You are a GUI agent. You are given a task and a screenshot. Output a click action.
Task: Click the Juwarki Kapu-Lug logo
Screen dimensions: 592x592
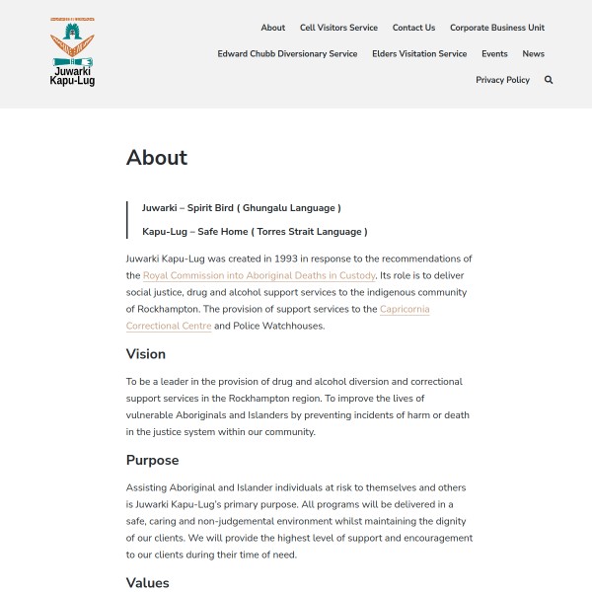pyautogui.click(x=72, y=51)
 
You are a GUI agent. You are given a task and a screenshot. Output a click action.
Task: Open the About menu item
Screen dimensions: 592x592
pyautogui.click(x=273, y=28)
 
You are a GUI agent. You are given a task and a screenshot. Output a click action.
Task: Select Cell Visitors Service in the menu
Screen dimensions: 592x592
pyautogui.click(x=338, y=28)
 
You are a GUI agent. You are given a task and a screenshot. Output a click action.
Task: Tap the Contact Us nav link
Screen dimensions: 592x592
pyautogui.click(x=413, y=28)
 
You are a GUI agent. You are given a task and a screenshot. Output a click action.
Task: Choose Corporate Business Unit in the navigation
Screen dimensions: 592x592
pyautogui.click(x=497, y=28)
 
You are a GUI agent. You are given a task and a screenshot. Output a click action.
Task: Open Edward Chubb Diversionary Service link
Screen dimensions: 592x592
pyautogui.click(x=287, y=53)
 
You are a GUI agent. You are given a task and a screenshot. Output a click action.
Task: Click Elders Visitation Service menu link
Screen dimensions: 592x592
pyautogui.click(x=419, y=53)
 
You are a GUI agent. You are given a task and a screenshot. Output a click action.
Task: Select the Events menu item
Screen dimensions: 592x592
pyautogui.click(x=494, y=53)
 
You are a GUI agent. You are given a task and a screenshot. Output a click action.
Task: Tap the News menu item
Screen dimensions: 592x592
pyautogui.click(x=534, y=53)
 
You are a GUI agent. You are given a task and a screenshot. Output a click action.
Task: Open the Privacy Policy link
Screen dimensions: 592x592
pyautogui.click(x=502, y=80)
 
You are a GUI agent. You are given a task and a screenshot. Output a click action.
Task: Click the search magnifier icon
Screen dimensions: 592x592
pyautogui.click(x=549, y=80)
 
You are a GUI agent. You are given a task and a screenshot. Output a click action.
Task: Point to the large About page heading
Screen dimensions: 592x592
pyautogui.click(x=157, y=158)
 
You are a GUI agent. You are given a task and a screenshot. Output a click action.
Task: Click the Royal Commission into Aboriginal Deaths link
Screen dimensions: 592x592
pyautogui.click(x=259, y=275)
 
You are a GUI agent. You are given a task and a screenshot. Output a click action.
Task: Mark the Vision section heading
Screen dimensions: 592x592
pyautogui.click(x=146, y=354)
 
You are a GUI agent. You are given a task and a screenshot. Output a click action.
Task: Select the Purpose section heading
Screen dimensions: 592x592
pyautogui.click(x=152, y=460)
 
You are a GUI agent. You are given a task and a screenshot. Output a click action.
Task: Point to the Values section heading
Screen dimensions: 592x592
pyautogui.click(x=148, y=583)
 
